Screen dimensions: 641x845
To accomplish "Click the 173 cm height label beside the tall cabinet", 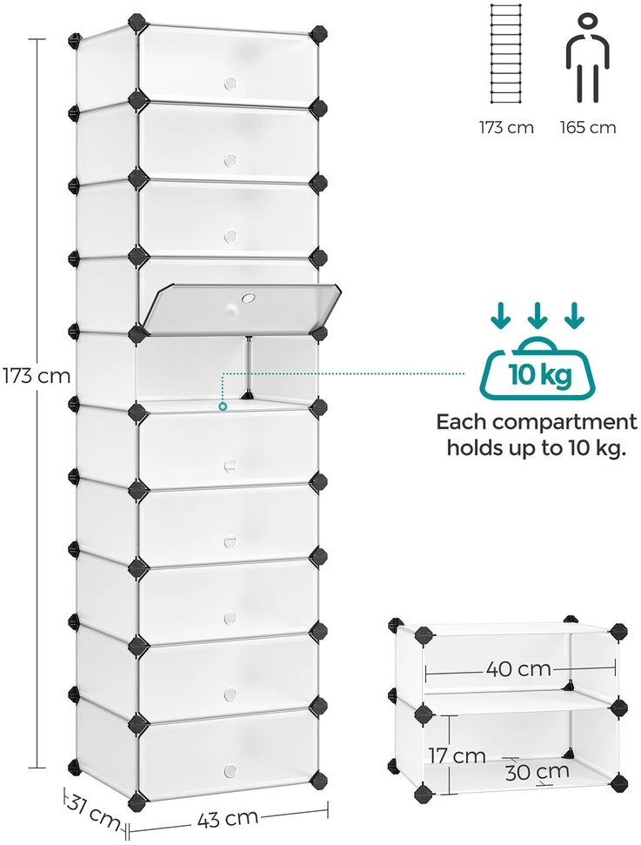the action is pos(37,375).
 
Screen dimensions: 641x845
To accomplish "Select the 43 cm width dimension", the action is pos(227,819).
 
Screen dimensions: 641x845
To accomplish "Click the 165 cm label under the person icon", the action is pos(588,128).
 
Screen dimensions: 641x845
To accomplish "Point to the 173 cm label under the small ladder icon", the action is pos(506,128).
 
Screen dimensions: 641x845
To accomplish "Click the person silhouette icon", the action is pos(587,58).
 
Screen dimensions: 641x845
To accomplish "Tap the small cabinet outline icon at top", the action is pos(506,53).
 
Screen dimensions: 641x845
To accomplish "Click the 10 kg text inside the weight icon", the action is pos(540,374).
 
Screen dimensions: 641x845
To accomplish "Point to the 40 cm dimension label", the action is pos(518,669).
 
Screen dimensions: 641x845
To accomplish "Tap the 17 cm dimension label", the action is pos(457,755).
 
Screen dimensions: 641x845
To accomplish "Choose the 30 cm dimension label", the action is pos(537,771).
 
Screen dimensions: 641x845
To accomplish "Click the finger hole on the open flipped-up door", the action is pos(249,298).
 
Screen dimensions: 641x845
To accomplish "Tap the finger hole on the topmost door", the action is pos(230,83).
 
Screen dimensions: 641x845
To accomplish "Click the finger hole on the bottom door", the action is pos(230,770).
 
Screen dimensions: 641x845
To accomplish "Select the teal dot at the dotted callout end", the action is pos(223,407).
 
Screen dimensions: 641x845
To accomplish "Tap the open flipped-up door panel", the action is pos(243,306).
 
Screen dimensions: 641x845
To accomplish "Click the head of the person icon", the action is pos(587,22).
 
